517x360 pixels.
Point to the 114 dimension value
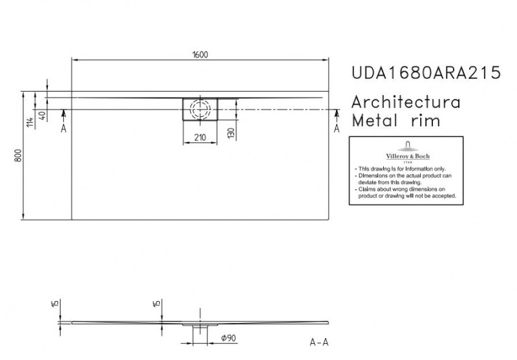[30, 123]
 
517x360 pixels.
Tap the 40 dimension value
[43, 117]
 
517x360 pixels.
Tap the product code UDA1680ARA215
[425, 72]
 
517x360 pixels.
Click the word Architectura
[405, 102]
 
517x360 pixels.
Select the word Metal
[372, 121]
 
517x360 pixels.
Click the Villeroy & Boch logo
[406, 151]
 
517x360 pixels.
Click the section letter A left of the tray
[63, 129]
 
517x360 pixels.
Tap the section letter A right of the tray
[336, 129]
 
